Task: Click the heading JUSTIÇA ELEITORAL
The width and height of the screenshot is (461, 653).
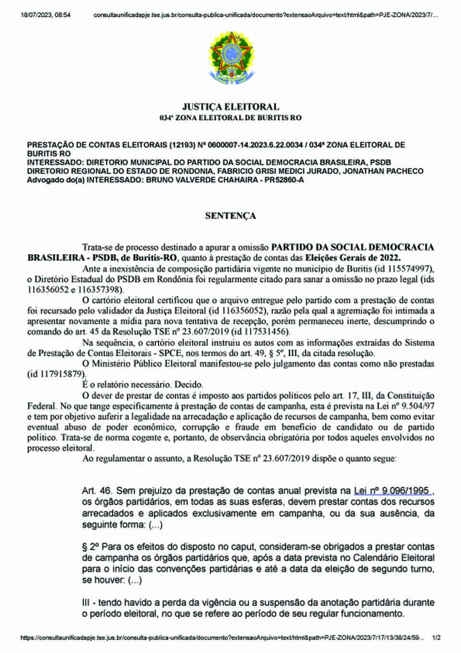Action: pos(230,107)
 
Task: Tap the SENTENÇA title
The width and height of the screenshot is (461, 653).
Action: pos(230,216)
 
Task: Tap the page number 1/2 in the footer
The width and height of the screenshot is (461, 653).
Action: pos(436,638)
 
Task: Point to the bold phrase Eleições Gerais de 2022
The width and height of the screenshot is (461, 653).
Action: pos(353,258)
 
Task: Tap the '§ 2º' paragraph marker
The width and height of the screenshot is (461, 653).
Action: pos(90,547)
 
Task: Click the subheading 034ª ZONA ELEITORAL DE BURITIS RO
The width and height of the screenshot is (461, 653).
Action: pos(230,118)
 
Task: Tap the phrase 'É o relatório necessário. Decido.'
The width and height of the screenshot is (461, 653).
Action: pos(143,385)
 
